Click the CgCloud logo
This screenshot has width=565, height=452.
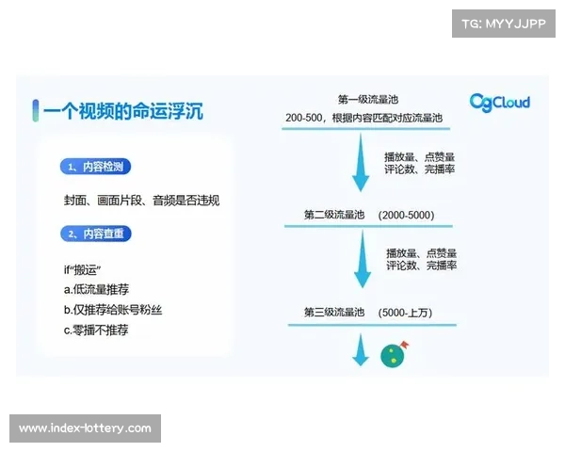499,102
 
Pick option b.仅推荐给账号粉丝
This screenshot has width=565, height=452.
113,310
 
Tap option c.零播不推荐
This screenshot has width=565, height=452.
96,331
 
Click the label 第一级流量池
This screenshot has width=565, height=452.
369,99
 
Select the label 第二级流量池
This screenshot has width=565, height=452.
333,216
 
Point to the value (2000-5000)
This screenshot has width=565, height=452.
406,216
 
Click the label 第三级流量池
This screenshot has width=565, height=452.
333,312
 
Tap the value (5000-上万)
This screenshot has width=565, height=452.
407,312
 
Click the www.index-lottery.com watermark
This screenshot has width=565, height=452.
85,428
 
